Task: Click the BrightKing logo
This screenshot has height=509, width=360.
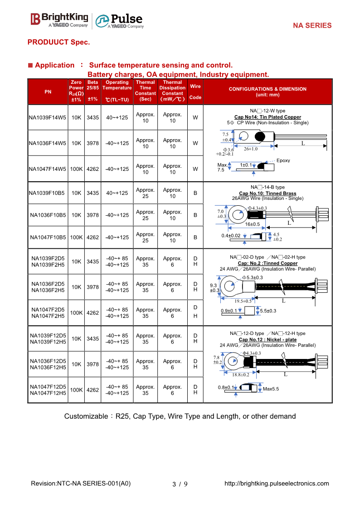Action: [59, 19]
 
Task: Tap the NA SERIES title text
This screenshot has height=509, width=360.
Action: [312, 26]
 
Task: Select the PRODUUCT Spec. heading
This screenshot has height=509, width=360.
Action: [58, 42]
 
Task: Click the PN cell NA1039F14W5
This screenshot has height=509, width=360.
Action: [48, 117]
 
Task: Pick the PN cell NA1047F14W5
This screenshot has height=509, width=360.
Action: [48, 169]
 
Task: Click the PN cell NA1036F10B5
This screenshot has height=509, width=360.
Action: [48, 215]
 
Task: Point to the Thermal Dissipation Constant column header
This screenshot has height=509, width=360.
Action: [172, 91]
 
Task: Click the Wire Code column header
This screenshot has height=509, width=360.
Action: [195, 91]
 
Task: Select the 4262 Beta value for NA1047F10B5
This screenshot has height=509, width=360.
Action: [92, 238]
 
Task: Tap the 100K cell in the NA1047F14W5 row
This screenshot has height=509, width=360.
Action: [76, 169]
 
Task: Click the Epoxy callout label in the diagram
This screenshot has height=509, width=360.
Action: [283, 160]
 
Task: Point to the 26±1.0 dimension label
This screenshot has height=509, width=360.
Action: [251, 149]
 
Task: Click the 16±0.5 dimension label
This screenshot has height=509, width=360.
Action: [253, 224]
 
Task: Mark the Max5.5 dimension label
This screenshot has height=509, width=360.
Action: [271, 389]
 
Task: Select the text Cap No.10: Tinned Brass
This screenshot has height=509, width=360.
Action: [268, 194]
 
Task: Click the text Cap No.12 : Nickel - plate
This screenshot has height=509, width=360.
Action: [268, 339]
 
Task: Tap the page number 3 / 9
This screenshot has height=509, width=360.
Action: [180, 484]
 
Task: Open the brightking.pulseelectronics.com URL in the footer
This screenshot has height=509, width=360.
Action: [277, 484]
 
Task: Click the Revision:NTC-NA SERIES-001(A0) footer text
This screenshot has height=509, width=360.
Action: [81, 484]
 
